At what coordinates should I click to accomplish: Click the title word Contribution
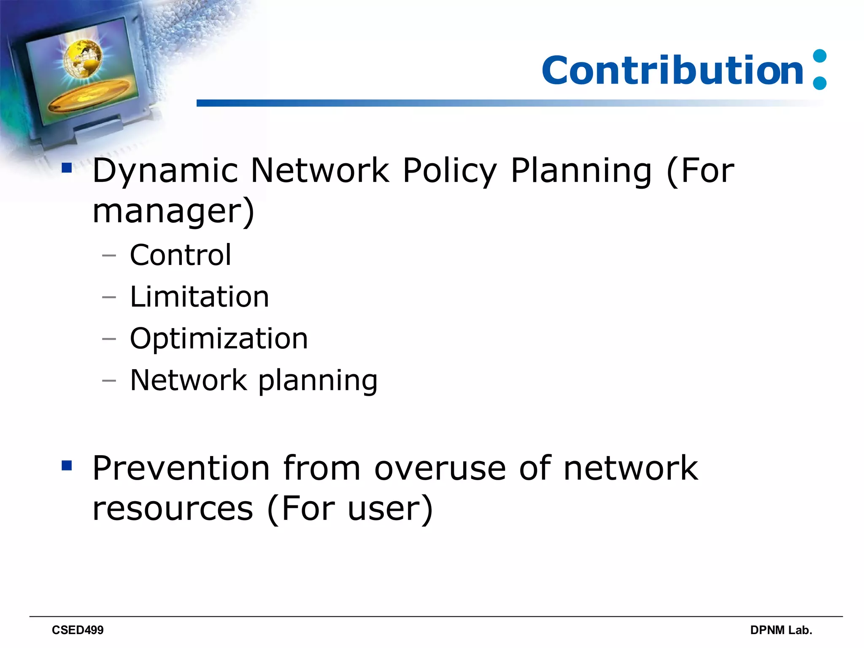click(x=672, y=70)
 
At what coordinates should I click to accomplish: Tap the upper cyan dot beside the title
click(x=819, y=56)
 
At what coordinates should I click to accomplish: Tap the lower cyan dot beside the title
click(x=819, y=83)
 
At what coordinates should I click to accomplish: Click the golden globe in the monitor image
click(x=83, y=58)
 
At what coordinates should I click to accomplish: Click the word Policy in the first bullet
click(x=450, y=171)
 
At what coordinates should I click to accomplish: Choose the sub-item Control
click(x=181, y=255)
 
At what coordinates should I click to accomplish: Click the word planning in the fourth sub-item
click(x=318, y=381)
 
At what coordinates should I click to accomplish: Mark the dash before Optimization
click(x=109, y=339)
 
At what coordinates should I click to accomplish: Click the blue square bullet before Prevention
click(x=67, y=466)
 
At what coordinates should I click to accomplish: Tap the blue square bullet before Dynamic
click(x=67, y=168)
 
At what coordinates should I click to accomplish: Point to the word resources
click(x=173, y=509)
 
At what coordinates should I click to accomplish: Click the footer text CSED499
click(x=78, y=630)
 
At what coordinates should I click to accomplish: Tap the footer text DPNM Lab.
click(x=781, y=630)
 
